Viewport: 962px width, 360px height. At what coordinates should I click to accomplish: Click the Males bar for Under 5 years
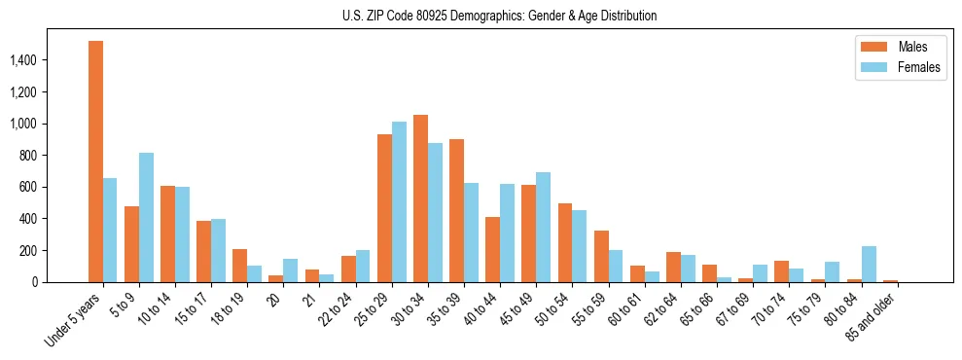95,162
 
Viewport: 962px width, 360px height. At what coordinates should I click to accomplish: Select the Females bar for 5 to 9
146,217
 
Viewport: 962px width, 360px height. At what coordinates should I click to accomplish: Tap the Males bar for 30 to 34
420,198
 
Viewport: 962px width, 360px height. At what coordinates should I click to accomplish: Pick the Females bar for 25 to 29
399,201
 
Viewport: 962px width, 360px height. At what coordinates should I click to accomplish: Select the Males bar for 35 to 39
456,210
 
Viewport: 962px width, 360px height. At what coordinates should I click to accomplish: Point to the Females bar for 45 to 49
543,227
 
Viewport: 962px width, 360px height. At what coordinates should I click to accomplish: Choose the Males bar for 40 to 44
492,249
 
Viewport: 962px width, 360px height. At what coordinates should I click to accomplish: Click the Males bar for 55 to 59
600,256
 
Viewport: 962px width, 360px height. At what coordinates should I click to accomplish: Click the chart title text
499,16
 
